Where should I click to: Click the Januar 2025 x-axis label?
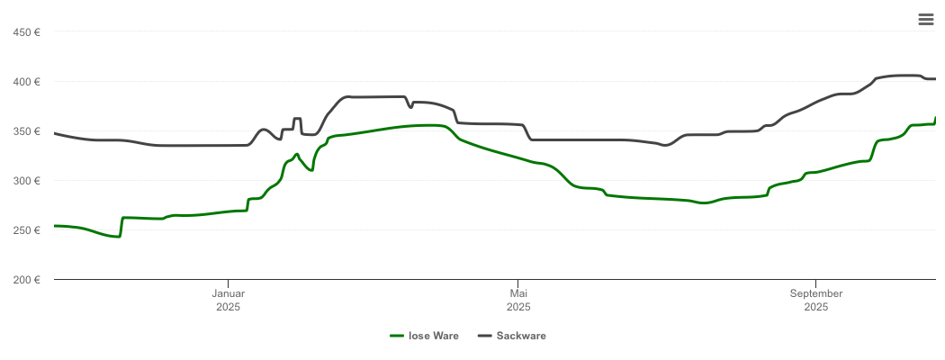click(x=229, y=300)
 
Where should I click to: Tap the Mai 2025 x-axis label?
click(x=518, y=300)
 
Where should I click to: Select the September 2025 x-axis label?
click(x=816, y=300)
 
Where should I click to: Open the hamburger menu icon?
click(x=925, y=20)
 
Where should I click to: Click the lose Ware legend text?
click(x=434, y=336)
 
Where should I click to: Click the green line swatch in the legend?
click(x=397, y=336)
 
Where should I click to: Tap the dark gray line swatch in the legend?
click(x=485, y=336)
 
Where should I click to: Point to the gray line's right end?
click(x=936, y=79)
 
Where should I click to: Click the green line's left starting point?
click(x=55, y=226)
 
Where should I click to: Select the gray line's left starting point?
click(x=55, y=133)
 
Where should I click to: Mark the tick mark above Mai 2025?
click(x=518, y=283)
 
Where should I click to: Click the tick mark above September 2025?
click(x=816, y=283)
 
